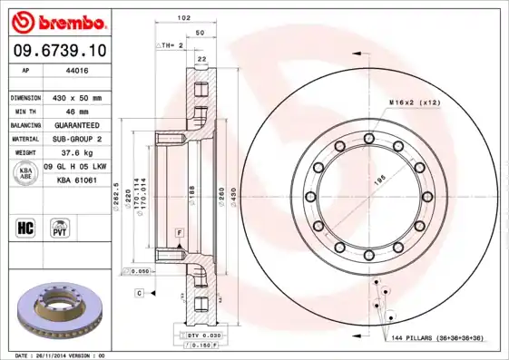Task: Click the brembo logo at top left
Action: point(57,19)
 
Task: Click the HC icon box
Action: point(26,226)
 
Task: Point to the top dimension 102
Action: point(183,17)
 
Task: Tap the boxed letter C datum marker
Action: point(140,293)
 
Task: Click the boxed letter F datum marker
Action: point(180,234)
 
